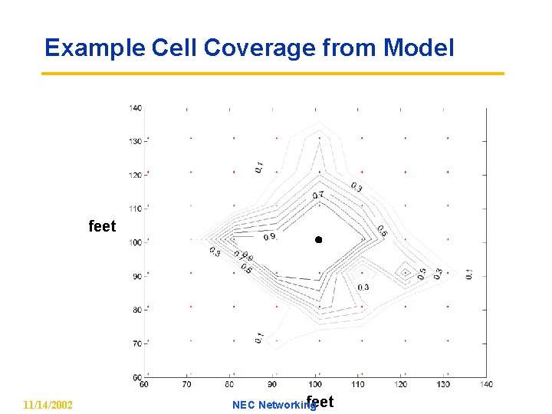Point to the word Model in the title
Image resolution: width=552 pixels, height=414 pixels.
tap(419, 48)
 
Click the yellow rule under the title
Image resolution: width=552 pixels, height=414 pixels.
tap(272, 74)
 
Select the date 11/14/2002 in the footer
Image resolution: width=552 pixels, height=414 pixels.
tap(48, 404)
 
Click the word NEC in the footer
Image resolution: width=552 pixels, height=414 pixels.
tap(243, 405)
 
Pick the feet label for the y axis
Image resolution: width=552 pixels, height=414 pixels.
tap(102, 226)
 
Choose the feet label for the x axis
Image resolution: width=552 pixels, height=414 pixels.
tap(320, 400)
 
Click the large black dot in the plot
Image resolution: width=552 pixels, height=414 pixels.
tap(318, 240)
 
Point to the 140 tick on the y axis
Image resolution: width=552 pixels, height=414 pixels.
tap(135, 107)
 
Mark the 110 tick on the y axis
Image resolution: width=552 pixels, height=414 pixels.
tap(135, 209)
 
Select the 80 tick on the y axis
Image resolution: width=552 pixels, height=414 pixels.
tap(136, 310)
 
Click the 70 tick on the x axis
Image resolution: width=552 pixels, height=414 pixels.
tap(187, 383)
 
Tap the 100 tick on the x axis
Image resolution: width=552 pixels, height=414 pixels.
tap(315, 383)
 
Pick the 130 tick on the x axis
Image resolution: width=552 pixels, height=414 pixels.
tap(444, 383)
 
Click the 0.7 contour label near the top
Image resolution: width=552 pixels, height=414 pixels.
tap(317, 195)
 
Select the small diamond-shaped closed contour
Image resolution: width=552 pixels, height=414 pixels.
tap(405, 271)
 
